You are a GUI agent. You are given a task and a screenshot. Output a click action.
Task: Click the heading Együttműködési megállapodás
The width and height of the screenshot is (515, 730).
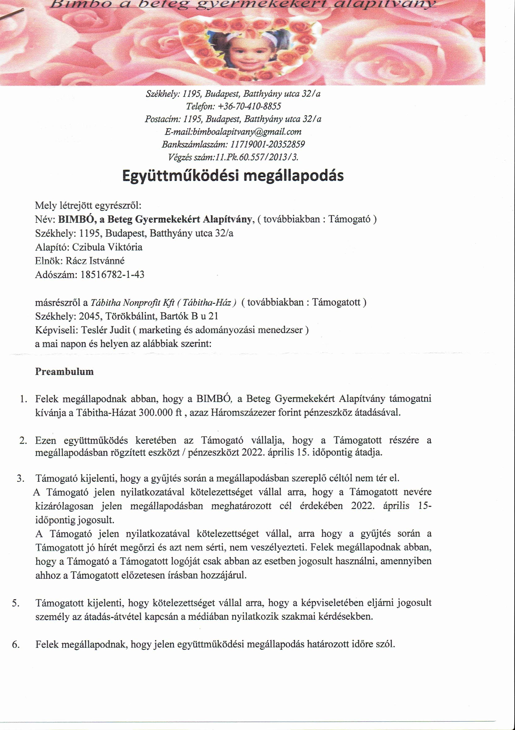[233, 176]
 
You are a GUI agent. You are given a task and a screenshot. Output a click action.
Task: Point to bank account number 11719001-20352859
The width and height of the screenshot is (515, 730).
[267, 144]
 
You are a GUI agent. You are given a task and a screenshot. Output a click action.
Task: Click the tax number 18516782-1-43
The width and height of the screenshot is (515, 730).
[112, 274]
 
